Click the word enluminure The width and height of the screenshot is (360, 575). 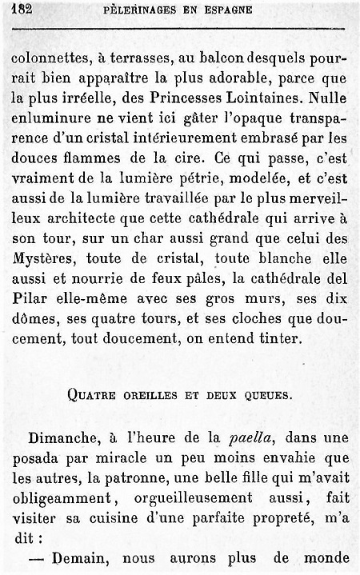pos(49,121)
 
